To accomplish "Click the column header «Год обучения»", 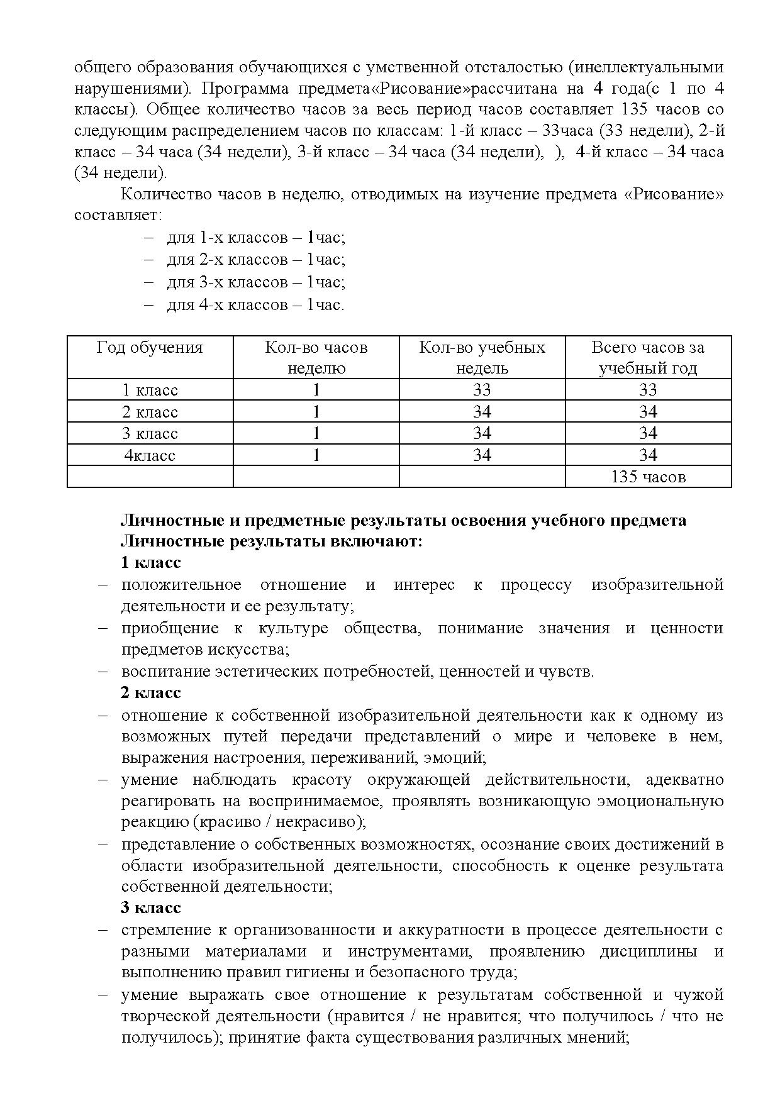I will pyautogui.click(x=150, y=348).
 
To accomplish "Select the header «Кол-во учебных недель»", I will pyautogui.click(x=482, y=358).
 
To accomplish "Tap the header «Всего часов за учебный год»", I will pyautogui.click(x=648, y=358).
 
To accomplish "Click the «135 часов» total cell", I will pyautogui.click(x=648, y=477).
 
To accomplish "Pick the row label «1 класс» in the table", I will pyautogui.click(x=150, y=390).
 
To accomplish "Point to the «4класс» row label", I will pyautogui.click(x=150, y=455).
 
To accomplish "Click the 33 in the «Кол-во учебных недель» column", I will pyautogui.click(x=482, y=390).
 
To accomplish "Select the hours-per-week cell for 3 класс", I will pyautogui.click(x=316, y=433).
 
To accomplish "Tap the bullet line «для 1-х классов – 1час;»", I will pyautogui.click(x=255, y=238).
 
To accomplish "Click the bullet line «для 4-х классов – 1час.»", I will pyautogui.click(x=255, y=305).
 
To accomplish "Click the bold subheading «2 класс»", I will pyautogui.click(x=150, y=692).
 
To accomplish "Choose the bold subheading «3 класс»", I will pyautogui.click(x=150, y=907).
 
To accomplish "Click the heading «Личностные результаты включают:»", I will pyautogui.click(x=271, y=541).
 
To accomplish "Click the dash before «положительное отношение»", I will pyautogui.click(x=103, y=585).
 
